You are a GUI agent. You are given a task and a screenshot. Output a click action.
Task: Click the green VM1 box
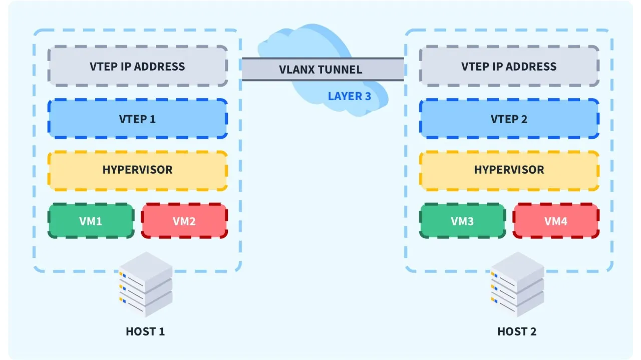(91, 221)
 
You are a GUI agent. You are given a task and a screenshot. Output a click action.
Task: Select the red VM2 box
(184, 221)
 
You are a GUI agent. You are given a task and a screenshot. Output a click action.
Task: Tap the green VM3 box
(462, 221)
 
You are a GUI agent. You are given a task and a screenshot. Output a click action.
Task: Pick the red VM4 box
(556, 221)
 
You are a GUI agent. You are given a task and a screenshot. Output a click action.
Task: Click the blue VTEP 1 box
(137, 119)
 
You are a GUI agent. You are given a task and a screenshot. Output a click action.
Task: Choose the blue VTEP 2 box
(509, 119)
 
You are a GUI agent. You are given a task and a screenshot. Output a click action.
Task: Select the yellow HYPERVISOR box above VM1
(137, 170)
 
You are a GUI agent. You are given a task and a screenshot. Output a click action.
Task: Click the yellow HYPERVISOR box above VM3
(509, 170)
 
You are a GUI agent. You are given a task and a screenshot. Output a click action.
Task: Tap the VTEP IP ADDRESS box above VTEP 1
(137, 67)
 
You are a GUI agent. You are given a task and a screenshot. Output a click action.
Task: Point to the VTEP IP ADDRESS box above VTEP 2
(509, 67)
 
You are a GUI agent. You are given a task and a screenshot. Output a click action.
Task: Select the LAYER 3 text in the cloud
(350, 96)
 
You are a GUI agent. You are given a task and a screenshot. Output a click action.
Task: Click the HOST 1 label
(145, 331)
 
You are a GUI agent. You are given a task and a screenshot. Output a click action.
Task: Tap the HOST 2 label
(517, 331)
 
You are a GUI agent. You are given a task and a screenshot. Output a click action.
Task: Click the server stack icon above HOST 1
(146, 285)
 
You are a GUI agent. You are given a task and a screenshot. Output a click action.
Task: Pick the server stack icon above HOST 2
(517, 285)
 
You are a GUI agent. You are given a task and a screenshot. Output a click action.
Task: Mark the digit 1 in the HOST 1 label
(162, 331)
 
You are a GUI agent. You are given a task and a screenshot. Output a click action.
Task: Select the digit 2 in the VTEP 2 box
(524, 119)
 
